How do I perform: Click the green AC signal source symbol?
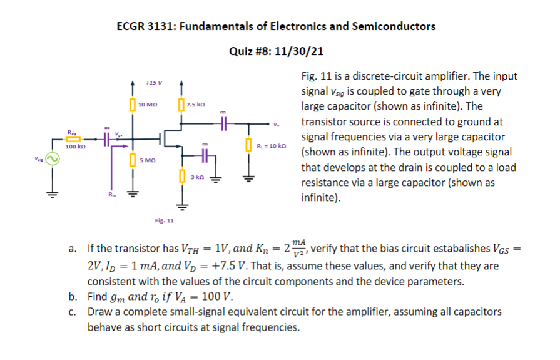coord(53,160)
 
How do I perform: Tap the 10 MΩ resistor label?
coord(148,104)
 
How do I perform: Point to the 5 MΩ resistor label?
coord(147,161)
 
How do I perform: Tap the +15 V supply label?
coord(153,83)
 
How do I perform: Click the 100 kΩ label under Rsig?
coord(75,147)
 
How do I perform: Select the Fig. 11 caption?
coord(165,220)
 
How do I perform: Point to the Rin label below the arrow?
coord(110,196)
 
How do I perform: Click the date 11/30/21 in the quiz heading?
coord(302,51)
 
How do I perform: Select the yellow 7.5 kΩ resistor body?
coord(181,104)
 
